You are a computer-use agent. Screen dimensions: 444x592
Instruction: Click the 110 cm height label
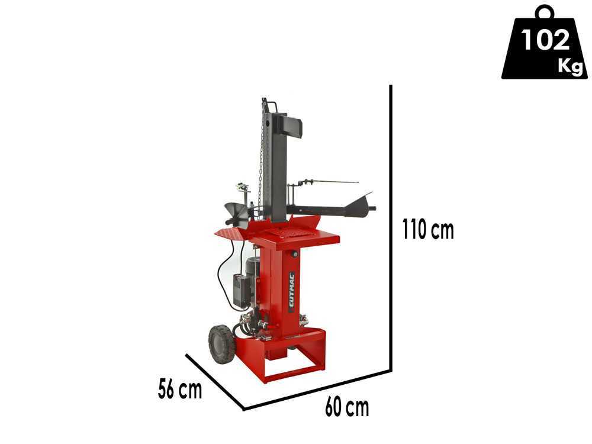point(427,229)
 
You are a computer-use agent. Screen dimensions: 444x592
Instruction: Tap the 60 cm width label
point(346,407)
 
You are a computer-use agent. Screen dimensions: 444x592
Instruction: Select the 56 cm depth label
point(180,390)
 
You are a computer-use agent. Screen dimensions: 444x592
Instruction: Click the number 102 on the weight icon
point(545,40)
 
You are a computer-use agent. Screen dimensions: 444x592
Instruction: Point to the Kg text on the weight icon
point(570,66)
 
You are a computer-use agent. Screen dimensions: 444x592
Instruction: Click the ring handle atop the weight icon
point(545,12)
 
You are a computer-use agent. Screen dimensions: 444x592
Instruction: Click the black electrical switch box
point(240,291)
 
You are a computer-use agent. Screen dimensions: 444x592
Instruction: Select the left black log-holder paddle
point(235,213)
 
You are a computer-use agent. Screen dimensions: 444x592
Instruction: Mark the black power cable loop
point(221,272)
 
